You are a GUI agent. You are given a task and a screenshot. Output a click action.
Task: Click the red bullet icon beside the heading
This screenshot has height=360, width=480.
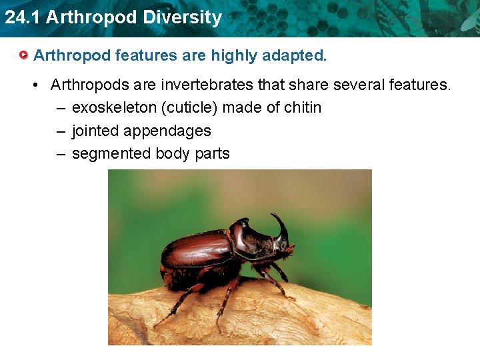click(24, 55)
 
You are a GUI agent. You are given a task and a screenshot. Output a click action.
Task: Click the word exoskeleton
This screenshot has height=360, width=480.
click(114, 107)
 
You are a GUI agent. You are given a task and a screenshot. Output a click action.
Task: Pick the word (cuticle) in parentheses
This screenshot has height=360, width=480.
click(188, 107)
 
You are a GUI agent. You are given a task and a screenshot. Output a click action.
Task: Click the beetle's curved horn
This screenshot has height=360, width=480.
click(281, 226)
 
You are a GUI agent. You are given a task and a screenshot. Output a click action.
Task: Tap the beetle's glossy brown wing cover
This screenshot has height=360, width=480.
click(197, 249)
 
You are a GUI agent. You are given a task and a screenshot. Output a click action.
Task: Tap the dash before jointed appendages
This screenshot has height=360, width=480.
click(61, 131)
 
